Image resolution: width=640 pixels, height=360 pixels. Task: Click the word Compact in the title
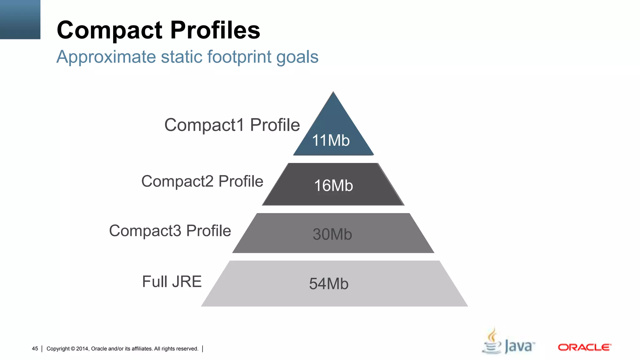pyautogui.click(x=109, y=31)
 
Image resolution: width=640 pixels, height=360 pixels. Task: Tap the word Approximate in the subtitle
pyautogui.click(x=106, y=57)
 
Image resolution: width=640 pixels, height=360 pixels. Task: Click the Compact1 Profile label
pyautogui.click(x=232, y=125)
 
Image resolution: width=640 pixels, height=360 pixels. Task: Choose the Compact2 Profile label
pyautogui.click(x=202, y=181)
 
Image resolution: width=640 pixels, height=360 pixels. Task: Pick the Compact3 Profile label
pyautogui.click(x=170, y=231)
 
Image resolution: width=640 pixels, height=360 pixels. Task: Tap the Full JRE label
pyautogui.click(x=172, y=282)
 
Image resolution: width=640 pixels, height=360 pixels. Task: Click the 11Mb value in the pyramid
pyautogui.click(x=331, y=140)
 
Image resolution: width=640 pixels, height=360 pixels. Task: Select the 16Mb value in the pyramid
pyautogui.click(x=333, y=186)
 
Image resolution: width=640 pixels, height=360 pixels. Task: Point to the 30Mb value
pyautogui.click(x=332, y=234)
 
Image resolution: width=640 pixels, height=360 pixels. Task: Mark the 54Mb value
pyautogui.click(x=329, y=284)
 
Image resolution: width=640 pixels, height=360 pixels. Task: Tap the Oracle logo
pyautogui.click(x=584, y=347)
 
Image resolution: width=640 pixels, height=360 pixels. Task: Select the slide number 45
pyautogui.click(x=35, y=349)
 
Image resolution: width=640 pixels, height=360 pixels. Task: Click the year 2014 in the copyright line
pyautogui.click(x=82, y=349)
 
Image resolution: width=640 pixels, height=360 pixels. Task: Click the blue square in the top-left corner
pyautogui.click(x=20, y=19)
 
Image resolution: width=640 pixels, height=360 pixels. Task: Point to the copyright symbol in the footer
pyautogui.click(x=73, y=349)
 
